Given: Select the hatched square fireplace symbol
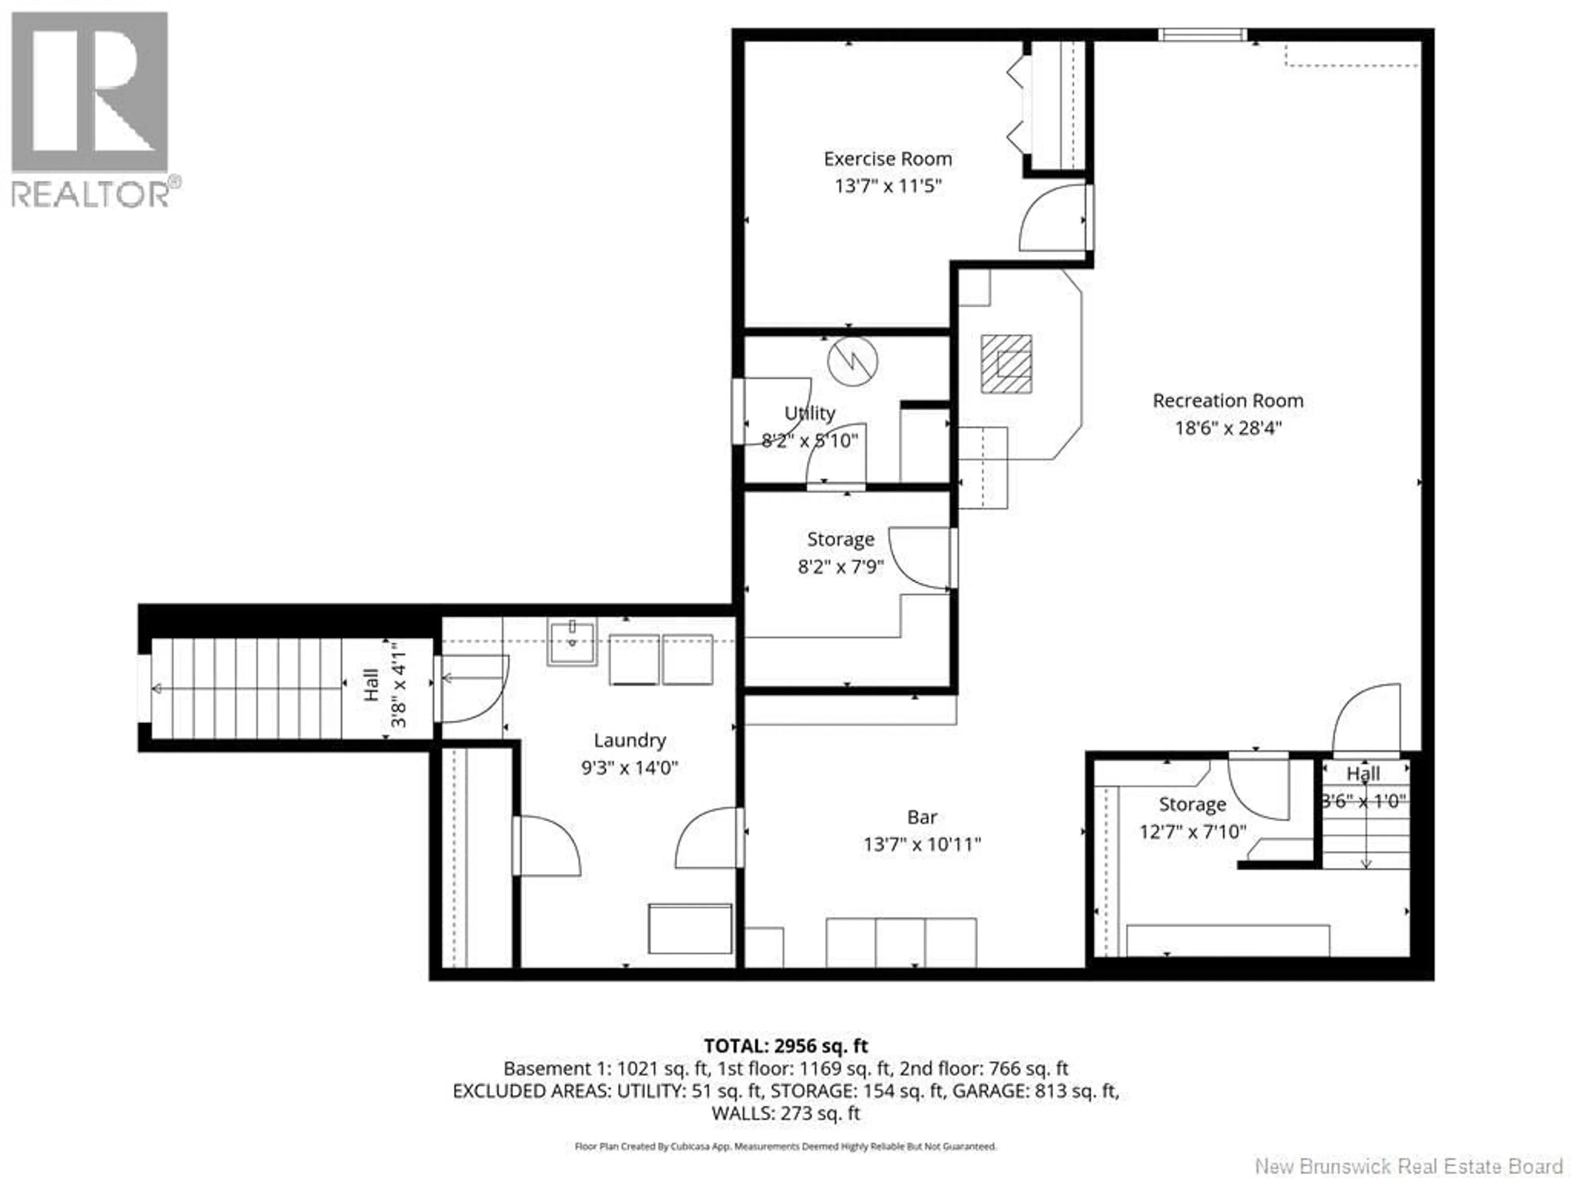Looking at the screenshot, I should pos(1006,364).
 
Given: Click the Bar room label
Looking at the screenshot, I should pos(922,817).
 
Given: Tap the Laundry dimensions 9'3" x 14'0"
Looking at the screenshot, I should pos(629,768).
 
